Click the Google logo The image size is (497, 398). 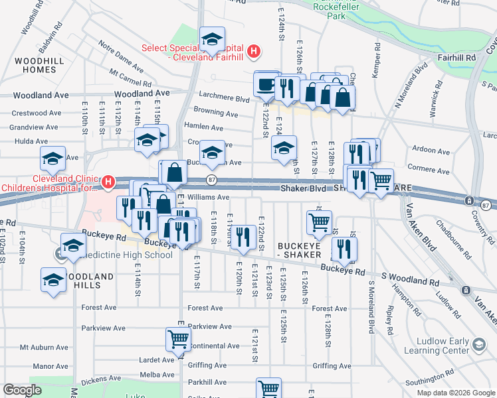(x=22, y=390)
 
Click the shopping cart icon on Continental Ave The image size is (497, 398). (x=179, y=340)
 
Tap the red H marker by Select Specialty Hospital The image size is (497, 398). (x=252, y=51)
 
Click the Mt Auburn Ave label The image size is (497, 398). (x=44, y=347)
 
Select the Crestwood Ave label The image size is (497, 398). (x=35, y=113)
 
